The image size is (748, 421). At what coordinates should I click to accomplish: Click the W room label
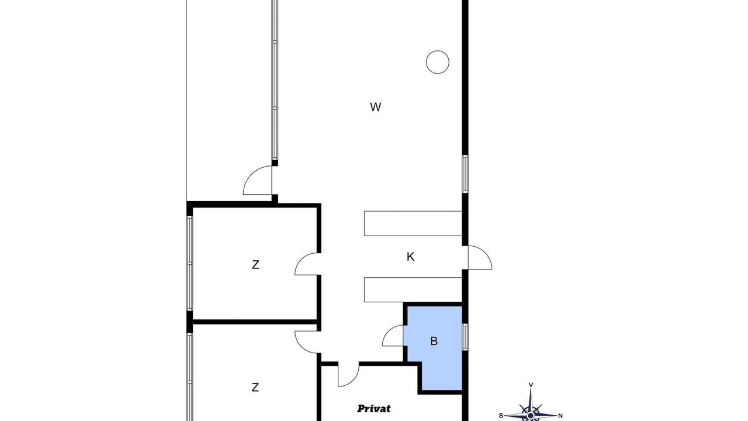click(375, 107)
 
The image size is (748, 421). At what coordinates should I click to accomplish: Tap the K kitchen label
click(410, 257)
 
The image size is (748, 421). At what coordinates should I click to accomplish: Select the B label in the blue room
click(434, 341)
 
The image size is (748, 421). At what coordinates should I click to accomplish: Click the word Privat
click(373, 408)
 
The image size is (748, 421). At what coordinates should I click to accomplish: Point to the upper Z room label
click(255, 265)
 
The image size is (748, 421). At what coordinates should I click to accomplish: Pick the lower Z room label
click(255, 387)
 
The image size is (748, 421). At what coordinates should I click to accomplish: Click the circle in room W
click(438, 62)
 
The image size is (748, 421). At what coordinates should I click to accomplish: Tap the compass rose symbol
click(531, 408)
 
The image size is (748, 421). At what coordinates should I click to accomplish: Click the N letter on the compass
click(560, 416)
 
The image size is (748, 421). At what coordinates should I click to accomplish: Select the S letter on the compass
click(501, 416)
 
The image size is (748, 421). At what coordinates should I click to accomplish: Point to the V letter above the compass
click(531, 385)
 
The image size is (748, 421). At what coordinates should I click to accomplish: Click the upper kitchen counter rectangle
click(413, 223)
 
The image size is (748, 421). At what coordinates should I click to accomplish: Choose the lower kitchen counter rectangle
click(413, 289)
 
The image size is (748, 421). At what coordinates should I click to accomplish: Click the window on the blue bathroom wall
click(465, 337)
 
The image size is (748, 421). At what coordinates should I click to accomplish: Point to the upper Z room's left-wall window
click(190, 263)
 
